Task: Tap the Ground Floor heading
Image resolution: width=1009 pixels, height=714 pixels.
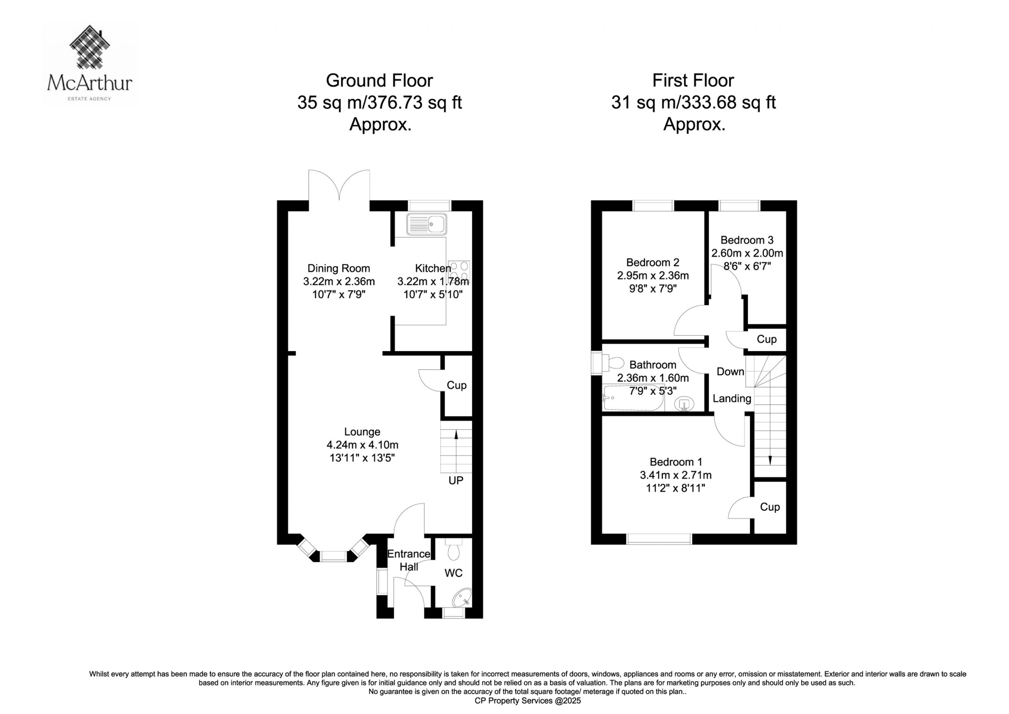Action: click(x=379, y=80)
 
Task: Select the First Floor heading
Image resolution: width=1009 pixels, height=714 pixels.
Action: click(x=693, y=80)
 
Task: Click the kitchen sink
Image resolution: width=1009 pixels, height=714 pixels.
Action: click(x=426, y=224)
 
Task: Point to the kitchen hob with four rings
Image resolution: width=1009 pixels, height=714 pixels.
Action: click(x=459, y=271)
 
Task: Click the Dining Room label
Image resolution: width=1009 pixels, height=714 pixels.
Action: click(x=339, y=268)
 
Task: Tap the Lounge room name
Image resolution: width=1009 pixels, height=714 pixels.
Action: click(x=362, y=432)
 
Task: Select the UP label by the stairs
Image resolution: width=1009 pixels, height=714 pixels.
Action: click(x=456, y=481)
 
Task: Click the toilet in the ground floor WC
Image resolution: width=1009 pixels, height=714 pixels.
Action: click(x=452, y=548)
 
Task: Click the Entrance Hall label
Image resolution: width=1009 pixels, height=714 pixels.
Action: click(x=408, y=561)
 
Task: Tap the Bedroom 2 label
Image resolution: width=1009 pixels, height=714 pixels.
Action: click(x=653, y=263)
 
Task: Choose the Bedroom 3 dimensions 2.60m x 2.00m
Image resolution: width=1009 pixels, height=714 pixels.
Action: click(x=747, y=253)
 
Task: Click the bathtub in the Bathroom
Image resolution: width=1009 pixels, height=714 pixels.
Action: click(x=633, y=398)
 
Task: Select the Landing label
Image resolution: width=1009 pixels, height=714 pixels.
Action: click(x=732, y=398)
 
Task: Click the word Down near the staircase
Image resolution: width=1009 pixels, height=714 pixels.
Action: click(x=730, y=372)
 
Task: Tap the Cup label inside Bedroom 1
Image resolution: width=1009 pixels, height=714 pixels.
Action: click(x=770, y=507)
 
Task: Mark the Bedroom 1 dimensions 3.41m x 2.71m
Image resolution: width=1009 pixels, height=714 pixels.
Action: click(x=676, y=475)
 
